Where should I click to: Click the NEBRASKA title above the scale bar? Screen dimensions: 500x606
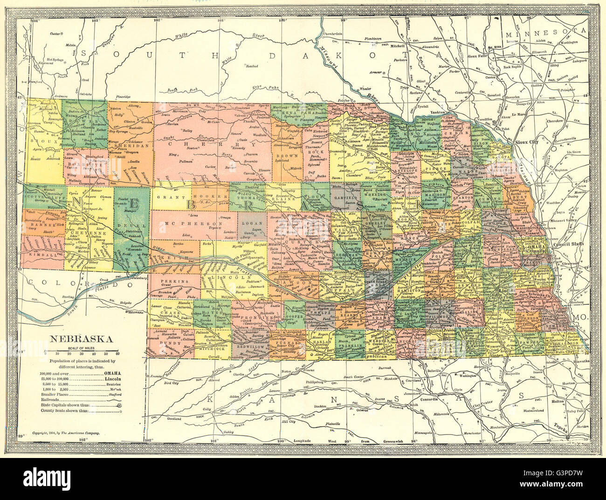click(80, 339)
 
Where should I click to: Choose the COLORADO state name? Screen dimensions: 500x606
click(60, 283)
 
